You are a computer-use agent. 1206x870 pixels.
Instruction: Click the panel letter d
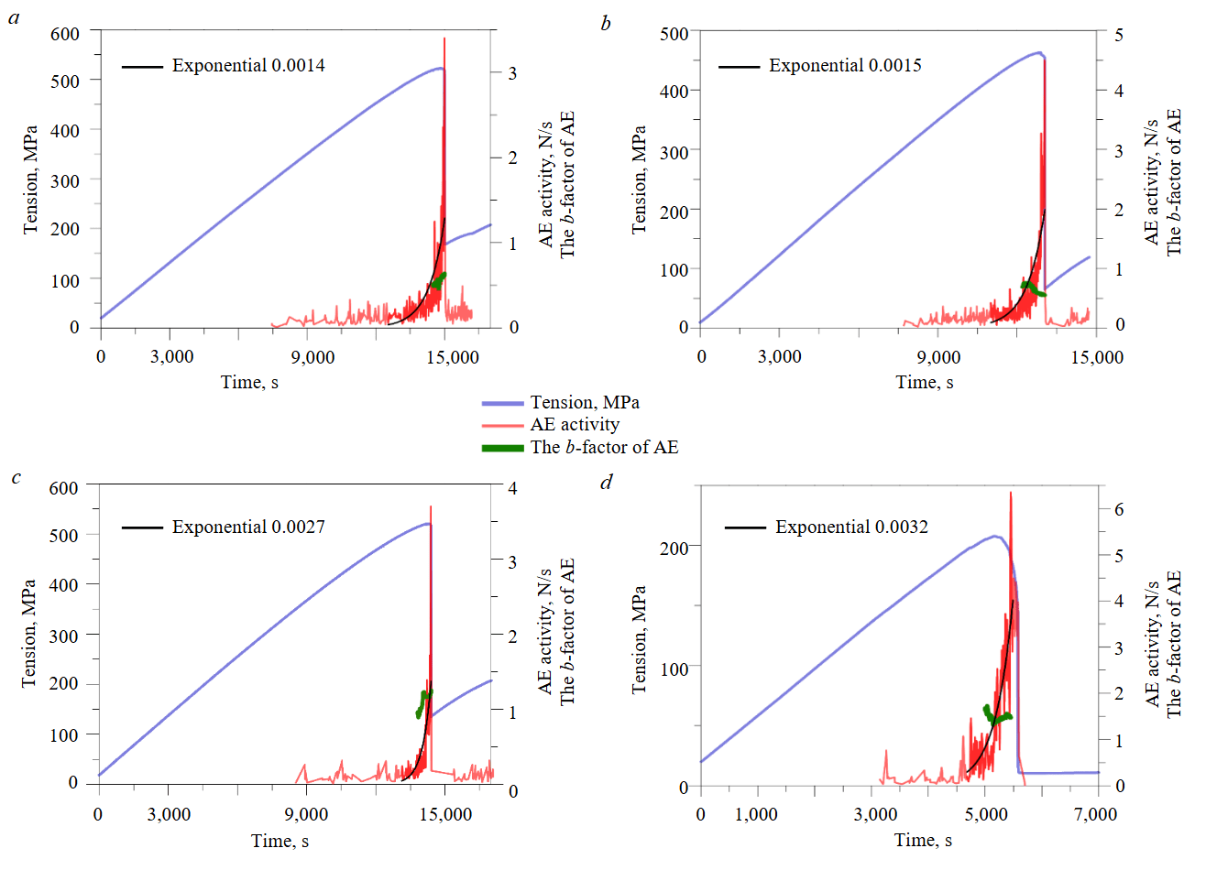606,482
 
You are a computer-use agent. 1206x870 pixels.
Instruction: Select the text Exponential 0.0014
247,66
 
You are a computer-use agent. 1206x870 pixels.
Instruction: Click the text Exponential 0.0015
845,66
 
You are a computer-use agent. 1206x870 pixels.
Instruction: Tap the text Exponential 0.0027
247,527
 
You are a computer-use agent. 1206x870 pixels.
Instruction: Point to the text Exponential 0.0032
851,527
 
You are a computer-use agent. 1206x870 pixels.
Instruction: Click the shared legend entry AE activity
575,425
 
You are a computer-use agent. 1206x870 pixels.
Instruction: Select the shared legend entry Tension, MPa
585,403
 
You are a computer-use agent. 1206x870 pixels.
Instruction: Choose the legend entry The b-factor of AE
604,448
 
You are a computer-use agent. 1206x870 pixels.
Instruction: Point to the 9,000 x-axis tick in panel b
938,357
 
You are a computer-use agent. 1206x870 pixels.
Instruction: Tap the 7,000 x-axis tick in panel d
1096,815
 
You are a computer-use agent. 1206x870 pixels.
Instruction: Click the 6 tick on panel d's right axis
1119,509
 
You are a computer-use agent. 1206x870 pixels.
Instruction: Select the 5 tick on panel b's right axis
1119,35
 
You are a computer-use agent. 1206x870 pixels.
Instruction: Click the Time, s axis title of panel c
280,841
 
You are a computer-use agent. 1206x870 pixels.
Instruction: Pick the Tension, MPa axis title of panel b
639,179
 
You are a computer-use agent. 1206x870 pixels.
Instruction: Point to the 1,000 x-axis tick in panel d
757,815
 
